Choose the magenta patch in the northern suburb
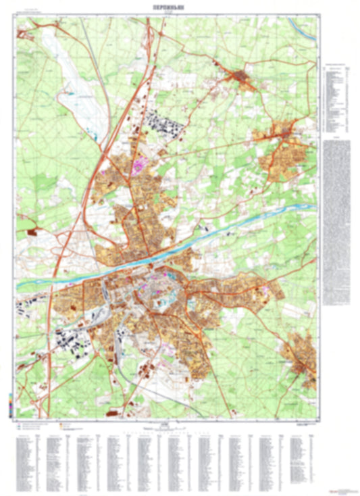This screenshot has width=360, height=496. click(140, 163)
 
